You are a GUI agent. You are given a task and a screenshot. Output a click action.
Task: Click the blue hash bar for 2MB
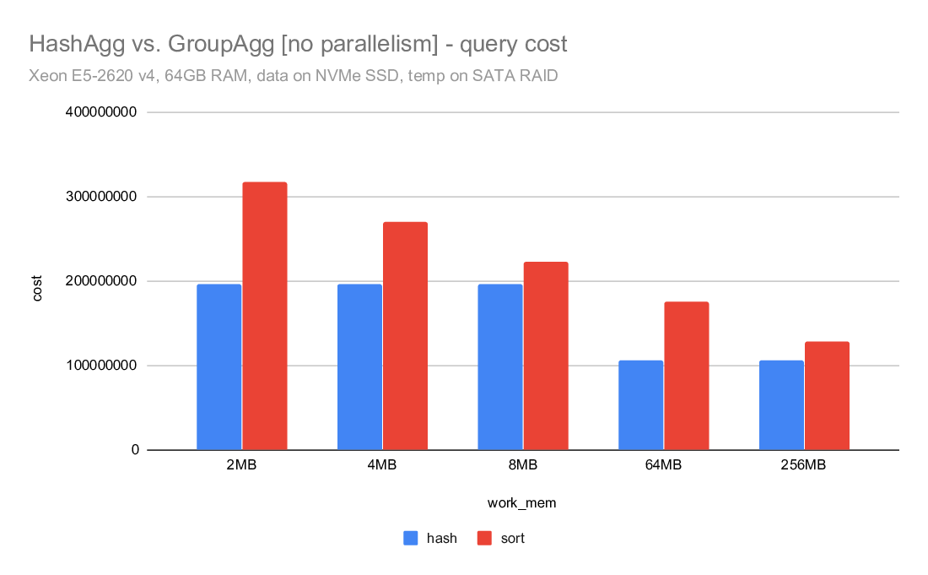click(219, 367)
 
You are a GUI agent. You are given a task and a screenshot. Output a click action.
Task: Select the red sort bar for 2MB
click(265, 316)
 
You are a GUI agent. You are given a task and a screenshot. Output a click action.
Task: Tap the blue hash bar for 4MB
click(359, 367)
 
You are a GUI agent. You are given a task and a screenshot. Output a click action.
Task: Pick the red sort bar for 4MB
click(405, 336)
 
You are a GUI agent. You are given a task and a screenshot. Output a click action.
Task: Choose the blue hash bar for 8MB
click(500, 367)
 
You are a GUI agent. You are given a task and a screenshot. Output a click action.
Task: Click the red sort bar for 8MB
click(546, 355)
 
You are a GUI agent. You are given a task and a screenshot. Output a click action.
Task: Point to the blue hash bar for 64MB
click(641, 405)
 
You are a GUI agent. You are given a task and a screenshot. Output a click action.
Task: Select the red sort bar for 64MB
click(687, 376)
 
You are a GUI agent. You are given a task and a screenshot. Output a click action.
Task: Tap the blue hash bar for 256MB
click(781, 405)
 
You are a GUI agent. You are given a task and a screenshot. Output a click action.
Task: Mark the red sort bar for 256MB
click(827, 395)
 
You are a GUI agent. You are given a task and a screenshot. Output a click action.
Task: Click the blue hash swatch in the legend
click(411, 538)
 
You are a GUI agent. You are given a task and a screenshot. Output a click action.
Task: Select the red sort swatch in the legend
click(484, 538)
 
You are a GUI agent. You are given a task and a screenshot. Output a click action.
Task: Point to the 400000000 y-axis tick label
click(101, 112)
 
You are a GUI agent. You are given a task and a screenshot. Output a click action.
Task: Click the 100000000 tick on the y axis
click(101, 366)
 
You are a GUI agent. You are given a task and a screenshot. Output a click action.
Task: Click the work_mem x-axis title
click(522, 503)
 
